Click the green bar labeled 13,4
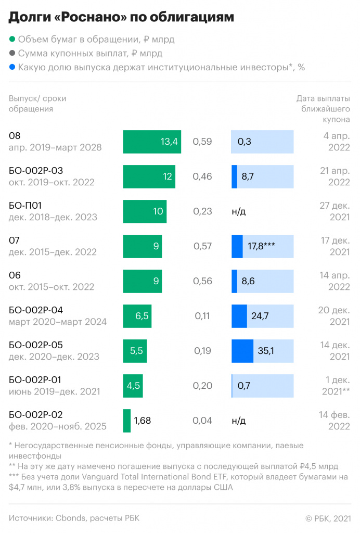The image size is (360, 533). [152, 142]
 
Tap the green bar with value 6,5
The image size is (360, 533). [137, 316]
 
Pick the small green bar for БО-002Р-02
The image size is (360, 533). [126, 421]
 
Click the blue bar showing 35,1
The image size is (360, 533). [242, 351]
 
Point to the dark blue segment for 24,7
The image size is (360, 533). [239, 316]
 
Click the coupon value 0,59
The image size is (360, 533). [202, 142]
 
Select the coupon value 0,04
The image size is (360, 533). [202, 421]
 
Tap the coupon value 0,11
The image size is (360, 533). [202, 316]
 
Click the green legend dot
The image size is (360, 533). [12, 39]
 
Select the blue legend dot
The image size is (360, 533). [12, 67]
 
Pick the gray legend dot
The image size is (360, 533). [12, 53]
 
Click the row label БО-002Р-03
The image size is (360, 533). [36, 171]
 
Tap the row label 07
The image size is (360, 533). [15, 240]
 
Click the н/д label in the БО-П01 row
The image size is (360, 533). [239, 211]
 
